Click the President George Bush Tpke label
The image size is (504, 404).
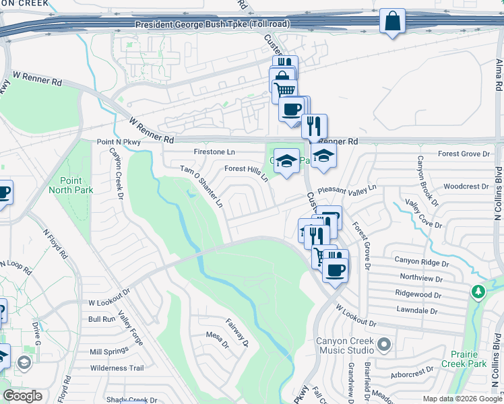(212, 24)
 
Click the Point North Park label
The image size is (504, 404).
(65, 185)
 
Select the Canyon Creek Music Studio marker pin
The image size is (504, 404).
(384, 345)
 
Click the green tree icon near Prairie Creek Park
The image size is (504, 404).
(478, 292)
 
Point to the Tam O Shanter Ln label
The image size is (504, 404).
(201, 187)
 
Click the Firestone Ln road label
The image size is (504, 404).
(214, 152)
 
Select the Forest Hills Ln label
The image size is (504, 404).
(246, 174)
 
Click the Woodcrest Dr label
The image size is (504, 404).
(466, 187)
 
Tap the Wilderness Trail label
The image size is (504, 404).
(117, 368)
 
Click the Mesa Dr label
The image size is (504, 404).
(218, 335)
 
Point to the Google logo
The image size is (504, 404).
(22, 396)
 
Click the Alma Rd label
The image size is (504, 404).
(499, 75)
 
